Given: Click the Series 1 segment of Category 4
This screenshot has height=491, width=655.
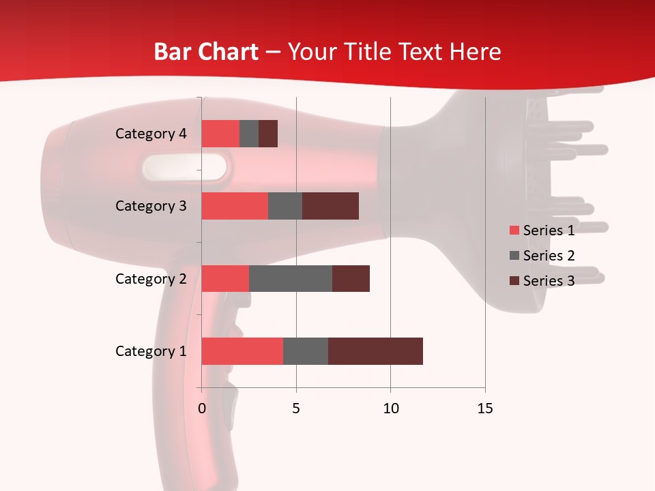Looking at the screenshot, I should (x=220, y=134).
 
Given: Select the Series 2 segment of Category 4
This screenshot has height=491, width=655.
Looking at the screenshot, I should (x=249, y=134).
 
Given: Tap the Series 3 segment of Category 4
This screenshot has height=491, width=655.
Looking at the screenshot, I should (x=268, y=134).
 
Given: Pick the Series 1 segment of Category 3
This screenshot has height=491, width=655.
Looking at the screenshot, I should (x=235, y=206).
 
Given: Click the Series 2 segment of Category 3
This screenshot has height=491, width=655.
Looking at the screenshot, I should (x=285, y=206).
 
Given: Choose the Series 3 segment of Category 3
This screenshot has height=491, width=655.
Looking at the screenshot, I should (x=330, y=206).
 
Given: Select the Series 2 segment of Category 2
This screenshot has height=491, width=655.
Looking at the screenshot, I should (x=291, y=278).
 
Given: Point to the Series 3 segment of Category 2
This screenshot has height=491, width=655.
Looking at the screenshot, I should (x=351, y=278).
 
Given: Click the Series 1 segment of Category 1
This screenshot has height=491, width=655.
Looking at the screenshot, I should (x=242, y=351).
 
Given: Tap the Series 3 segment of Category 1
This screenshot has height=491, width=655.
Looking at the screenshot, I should (x=375, y=351).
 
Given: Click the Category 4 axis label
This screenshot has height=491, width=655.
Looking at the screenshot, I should (x=151, y=134).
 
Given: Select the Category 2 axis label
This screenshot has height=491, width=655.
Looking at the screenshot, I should (x=151, y=279).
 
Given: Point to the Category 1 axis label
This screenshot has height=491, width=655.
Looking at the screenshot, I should (x=151, y=351).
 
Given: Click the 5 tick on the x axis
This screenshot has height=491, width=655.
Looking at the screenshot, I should (x=296, y=408).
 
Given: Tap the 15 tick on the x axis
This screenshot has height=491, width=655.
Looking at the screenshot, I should (x=485, y=408).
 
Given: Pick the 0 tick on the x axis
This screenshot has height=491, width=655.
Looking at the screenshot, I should (x=202, y=408).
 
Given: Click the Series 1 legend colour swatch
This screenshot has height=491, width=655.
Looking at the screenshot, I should (x=514, y=230).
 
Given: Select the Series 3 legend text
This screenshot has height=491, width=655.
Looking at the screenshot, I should (x=549, y=281).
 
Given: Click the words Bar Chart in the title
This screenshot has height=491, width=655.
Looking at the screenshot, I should (x=206, y=52).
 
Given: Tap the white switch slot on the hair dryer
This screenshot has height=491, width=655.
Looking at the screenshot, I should (x=185, y=167).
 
